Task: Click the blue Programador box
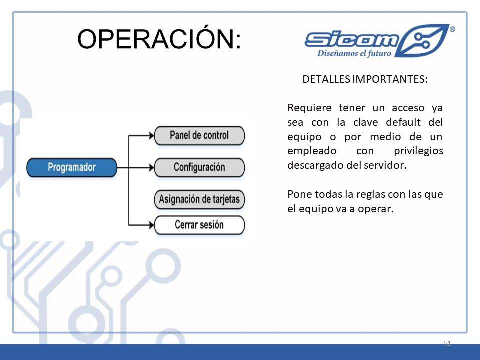72,168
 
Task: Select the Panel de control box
199,135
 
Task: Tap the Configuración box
199,168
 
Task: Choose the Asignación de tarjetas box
199,199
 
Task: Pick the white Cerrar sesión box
199,225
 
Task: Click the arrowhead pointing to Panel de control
151,135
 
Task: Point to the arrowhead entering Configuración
151,168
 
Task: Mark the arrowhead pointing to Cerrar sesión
151,225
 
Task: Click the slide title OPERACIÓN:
159,38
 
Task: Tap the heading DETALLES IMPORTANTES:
365,79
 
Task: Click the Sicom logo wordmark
352,40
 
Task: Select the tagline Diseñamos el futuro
354,53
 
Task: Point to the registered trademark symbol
452,29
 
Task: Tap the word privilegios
418,151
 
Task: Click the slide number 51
447,343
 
